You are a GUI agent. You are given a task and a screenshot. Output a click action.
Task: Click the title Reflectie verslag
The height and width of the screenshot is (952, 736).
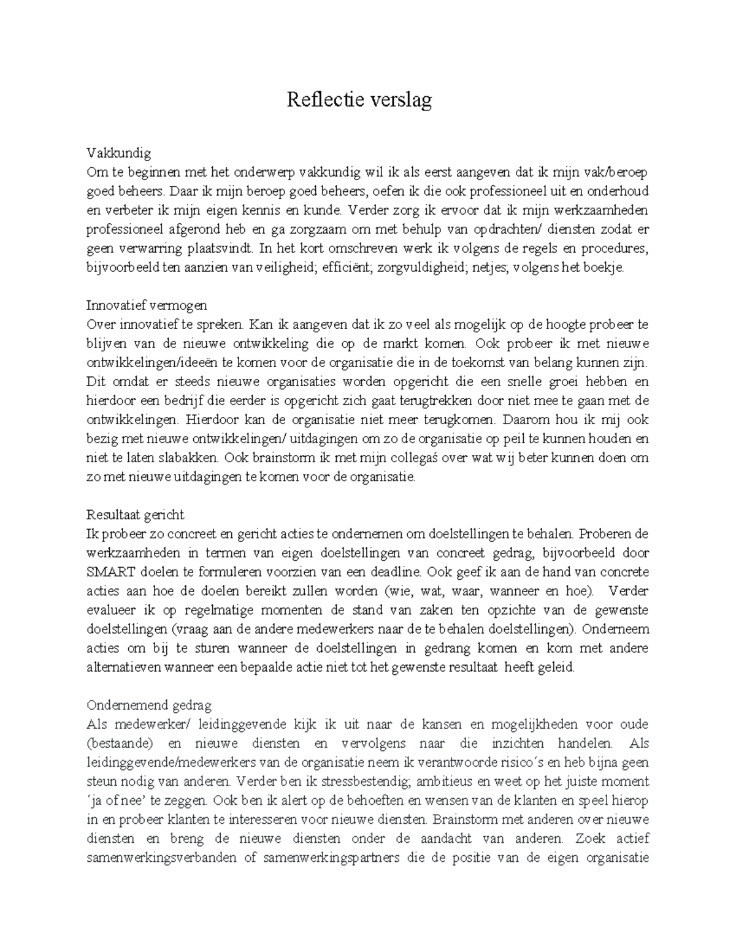point(359,99)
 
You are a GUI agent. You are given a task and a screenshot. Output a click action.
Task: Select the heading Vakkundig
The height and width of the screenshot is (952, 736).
point(118,153)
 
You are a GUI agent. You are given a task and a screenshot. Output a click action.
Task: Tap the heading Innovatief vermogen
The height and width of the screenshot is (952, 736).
point(147,305)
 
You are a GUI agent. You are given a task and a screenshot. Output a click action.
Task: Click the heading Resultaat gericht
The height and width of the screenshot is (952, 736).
point(135,514)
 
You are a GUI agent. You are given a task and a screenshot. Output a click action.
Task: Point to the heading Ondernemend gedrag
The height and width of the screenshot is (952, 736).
point(149,706)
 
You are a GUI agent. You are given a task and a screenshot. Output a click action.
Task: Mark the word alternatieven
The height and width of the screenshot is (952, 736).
point(126,668)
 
